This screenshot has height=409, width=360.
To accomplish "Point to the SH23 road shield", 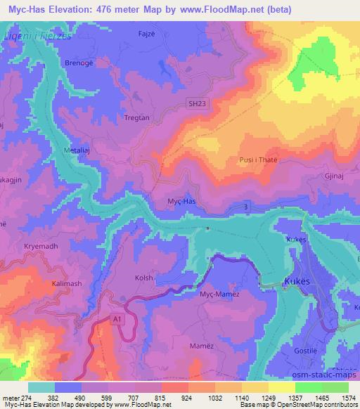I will tap(198, 104).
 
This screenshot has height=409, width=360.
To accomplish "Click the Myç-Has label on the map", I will tap(181, 201).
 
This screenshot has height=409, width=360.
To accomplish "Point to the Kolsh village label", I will tap(143, 278).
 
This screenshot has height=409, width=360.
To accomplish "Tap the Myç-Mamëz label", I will tap(219, 294).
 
